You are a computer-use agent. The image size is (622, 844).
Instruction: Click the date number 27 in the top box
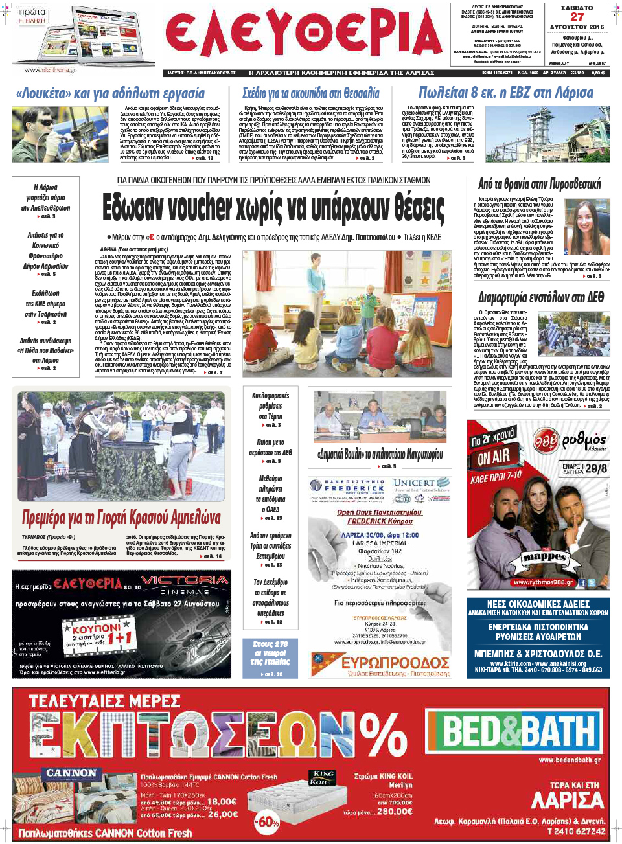pyautogui.click(x=577, y=17)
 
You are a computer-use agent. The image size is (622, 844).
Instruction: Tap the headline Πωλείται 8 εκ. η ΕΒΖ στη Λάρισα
pyautogui.click(x=505, y=93)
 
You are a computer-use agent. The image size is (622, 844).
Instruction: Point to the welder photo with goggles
pyautogui.click(x=60, y=134)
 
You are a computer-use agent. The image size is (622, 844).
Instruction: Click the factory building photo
pyautogui.click(x=547, y=134)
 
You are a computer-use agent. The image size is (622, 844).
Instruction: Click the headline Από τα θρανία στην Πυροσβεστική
pyautogui.click(x=539, y=185)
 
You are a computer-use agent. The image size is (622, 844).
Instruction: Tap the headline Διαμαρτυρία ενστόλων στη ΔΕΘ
pyautogui.click(x=541, y=297)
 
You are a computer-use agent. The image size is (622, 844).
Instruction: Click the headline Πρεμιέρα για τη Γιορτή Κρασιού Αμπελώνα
pyautogui.click(x=121, y=518)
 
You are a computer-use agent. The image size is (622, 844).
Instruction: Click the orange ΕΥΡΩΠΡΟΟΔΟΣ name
pyautogui.click(x=395, y=663)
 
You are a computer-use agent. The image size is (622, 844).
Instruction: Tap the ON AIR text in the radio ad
pyautogui.click(x=494, y=457)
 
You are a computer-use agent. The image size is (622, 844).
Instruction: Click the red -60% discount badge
pyautogui.click(x=267, y=822)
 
